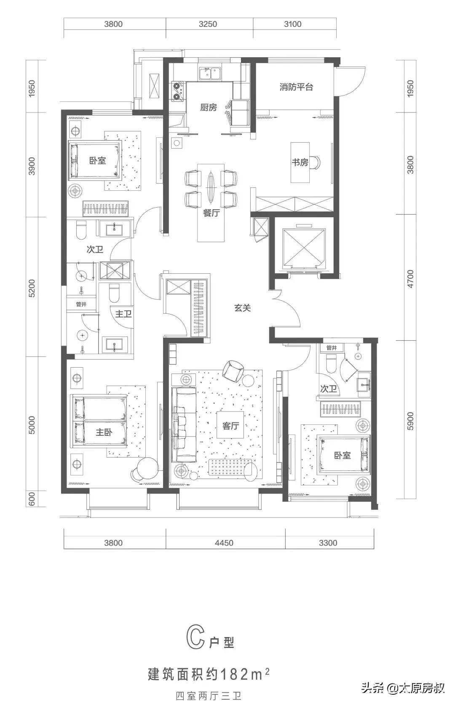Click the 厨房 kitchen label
pyautogui.click(x=208, y=107)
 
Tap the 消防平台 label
pyautogui.click(x=296, y=87)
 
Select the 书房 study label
pyautogui.click(x=300, y=162)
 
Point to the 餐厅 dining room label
pyautogui.click(x=211, y=213)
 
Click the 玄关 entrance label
pyautogui.click(x=242, y=308)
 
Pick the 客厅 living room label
pyautogui.click(x=230, y=426)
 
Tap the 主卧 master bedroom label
pyautogui.click(x=104, y=432)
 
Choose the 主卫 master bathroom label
pyautogui.click(x=123, y=314)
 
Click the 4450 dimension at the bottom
pyautogui.click(x=224, y=543)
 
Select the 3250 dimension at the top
pyautogui.click(x=208, y=24)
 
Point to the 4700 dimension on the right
pyautogui.click(x=410, y=279)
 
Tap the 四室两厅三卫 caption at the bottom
pyautogui.click(x=209, y=695)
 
